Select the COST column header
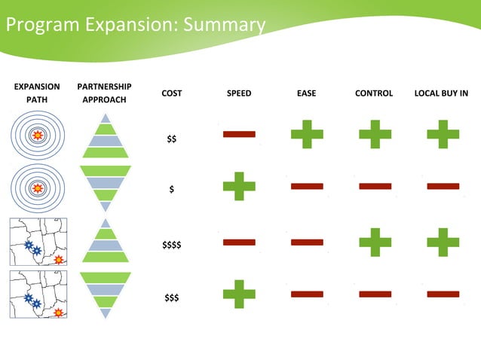pos(171,93)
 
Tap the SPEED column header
pos(239,93)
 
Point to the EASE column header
pos(306,93)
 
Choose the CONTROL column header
pos(374,93)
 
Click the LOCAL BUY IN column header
pos(442,93)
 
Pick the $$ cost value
pos(172,139)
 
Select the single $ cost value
pos(172,190)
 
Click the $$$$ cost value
pos(172,245)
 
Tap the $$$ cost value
pos(172,297)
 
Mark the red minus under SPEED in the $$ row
pos(239,134)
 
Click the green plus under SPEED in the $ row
pos(239,186)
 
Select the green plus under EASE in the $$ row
pos(307,134)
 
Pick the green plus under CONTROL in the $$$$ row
pos(375,242)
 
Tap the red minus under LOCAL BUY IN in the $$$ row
pos(443,294)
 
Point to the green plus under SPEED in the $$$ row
pos(239,294)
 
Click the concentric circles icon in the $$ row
pos(38,135)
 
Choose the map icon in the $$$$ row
pos(38,242)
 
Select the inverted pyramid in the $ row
pos(105,188)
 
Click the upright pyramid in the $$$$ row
pos(105,240)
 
